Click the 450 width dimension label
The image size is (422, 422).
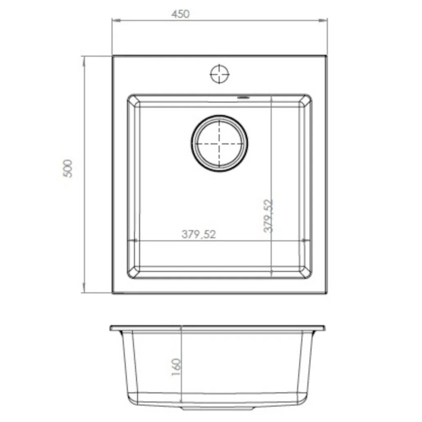[180, 14]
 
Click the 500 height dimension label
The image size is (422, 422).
[68, 168]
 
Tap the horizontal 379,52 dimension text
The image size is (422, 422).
[199, 234]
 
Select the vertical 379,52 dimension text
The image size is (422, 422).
[268, 216]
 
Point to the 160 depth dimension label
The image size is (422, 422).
[176, 367]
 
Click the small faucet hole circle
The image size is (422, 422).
[220, 74]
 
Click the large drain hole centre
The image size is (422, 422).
[220, 144]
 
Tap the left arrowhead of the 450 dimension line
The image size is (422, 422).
[116, 20]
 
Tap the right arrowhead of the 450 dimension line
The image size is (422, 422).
[323, 20]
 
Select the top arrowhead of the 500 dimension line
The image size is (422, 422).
[84, 61]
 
